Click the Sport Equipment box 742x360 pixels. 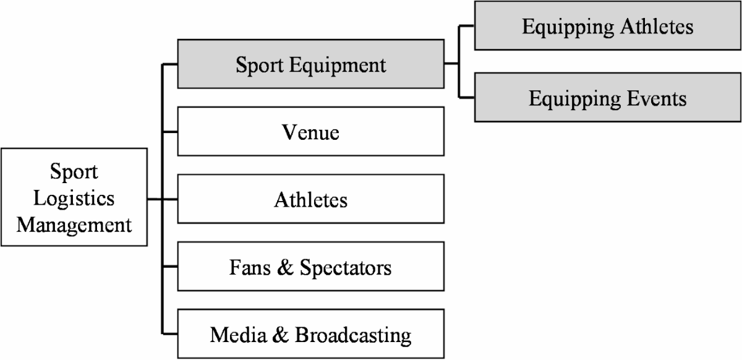click(310, 64)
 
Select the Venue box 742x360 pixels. click(310, 132)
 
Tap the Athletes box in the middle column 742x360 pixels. click(310, 200)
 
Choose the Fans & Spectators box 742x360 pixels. click(310, 268)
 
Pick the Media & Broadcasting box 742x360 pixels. click(310, 335)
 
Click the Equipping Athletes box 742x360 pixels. click(607, 27)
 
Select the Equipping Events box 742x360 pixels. click(607, 98)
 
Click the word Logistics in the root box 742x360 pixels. click(74, 199)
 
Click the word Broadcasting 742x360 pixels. click(353, 335)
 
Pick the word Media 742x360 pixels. click(238, 335)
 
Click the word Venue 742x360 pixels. click(310, 132)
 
